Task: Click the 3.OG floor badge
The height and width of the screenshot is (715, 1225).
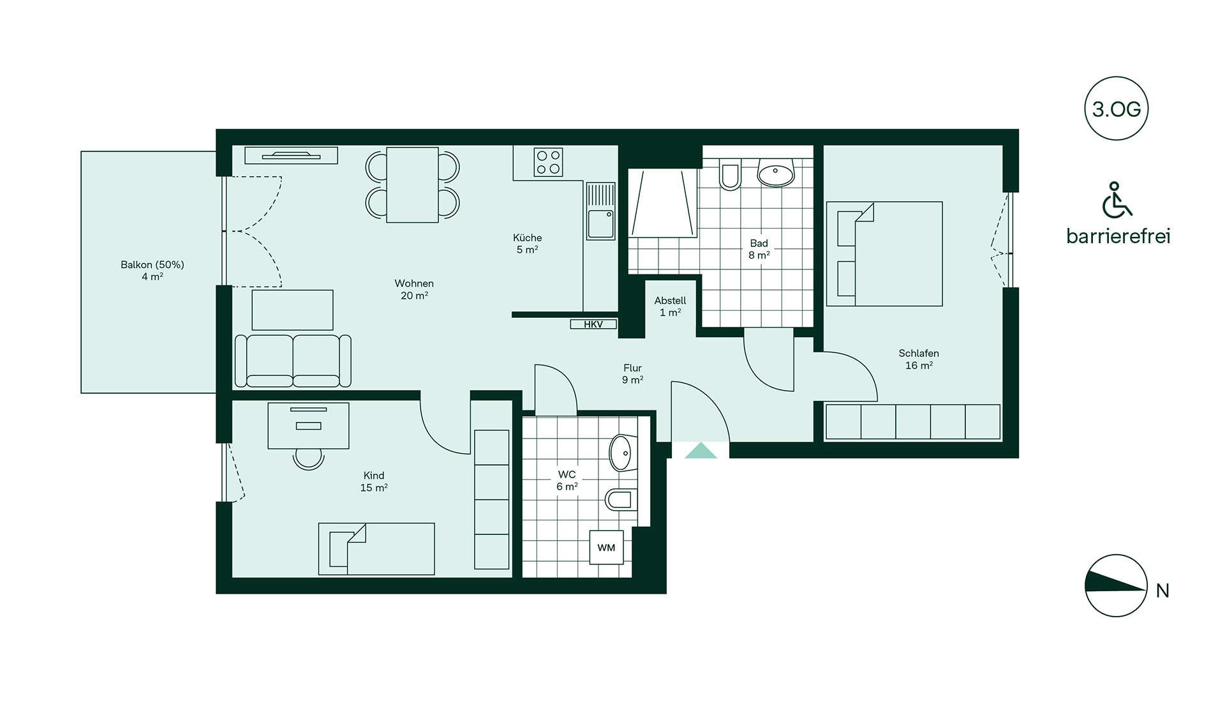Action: [x=1116, y=109]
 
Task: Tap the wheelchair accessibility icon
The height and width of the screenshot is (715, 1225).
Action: [x=1117, y=199]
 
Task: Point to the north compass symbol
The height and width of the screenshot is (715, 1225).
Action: [x=1116, y=585]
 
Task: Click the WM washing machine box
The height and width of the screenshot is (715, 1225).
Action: [x=606, y=548]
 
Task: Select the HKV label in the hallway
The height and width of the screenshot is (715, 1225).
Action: [x=593, y=324]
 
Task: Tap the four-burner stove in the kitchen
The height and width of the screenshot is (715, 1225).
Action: [x=549, y=162]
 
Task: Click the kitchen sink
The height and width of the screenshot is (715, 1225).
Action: [x=600, y=211]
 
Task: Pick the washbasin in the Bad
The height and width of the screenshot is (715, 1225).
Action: [x=776, y=172]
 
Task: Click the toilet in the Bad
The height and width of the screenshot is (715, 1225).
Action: [x=730, y=174]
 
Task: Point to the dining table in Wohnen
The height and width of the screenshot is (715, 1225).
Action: [x=413, y=185]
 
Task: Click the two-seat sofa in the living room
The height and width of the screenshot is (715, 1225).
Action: [x=293, y=361]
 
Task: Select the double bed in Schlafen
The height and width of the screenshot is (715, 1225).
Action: [x=884, y=254]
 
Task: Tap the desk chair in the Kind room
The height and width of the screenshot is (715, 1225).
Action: [x=309, y=459]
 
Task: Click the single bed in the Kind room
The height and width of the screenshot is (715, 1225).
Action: [x=376, y=549]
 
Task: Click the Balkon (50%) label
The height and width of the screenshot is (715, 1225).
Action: [x=152, y=265]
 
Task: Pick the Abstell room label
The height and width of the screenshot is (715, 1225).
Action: [x=671, y=301]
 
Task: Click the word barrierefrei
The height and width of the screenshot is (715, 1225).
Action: [x=1118, y=236]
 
